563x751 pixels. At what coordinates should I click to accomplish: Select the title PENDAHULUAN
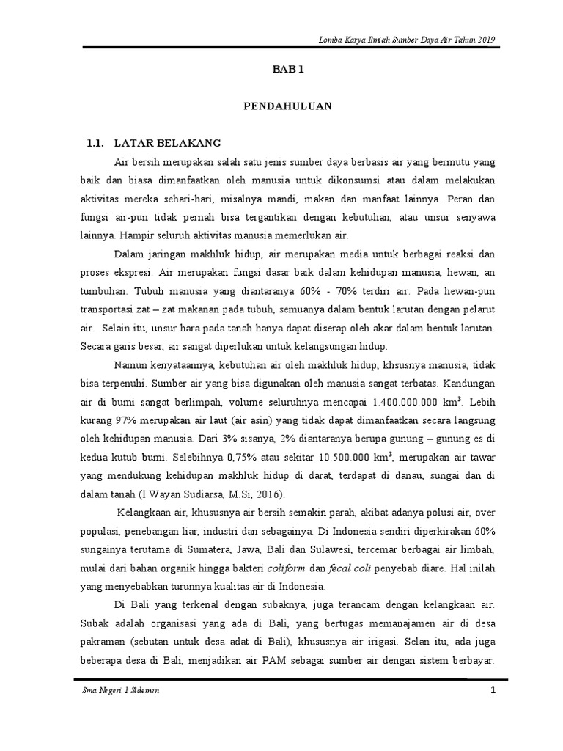tap(287, 106)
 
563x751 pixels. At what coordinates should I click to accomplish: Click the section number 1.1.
tap(97, 142)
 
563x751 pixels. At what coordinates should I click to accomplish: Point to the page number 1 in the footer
tap(493, 692)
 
